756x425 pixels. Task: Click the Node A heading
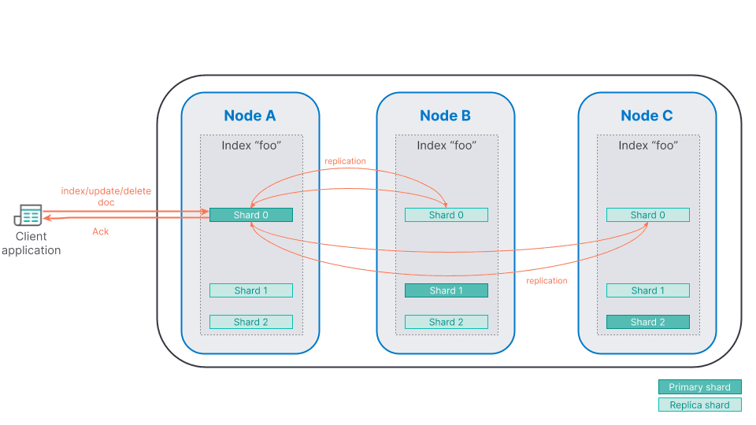[x=250, y=116]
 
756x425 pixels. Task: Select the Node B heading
[x=445, y=116]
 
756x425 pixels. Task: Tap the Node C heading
[x=647, y=116]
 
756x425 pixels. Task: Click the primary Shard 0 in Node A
[x=250, y=215]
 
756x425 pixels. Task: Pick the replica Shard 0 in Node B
[x=446, y=215]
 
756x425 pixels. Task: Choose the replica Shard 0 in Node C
[x=647, y=215]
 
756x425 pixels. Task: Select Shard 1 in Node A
[x=250, y=290]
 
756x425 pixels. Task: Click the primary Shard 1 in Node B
[x=446, y=290]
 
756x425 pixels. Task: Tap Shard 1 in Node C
[x=647, y=290]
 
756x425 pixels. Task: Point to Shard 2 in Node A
[x=250, y=322]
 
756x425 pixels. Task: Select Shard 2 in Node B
[x=446, y=322]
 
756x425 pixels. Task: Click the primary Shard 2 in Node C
[x=647, y=322]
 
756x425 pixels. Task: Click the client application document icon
[x=28, y=216]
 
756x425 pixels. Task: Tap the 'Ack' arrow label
[x=101, y=231]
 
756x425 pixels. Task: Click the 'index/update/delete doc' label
[x=106, y=197]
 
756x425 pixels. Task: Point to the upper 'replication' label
[x=345, y=161]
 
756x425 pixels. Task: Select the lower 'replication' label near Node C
[x=547, y=281]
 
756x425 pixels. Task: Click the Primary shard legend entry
[x=699, y=387]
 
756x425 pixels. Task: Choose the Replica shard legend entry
[x=699, y=405]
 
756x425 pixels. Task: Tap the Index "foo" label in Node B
[x=446, y=146]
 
